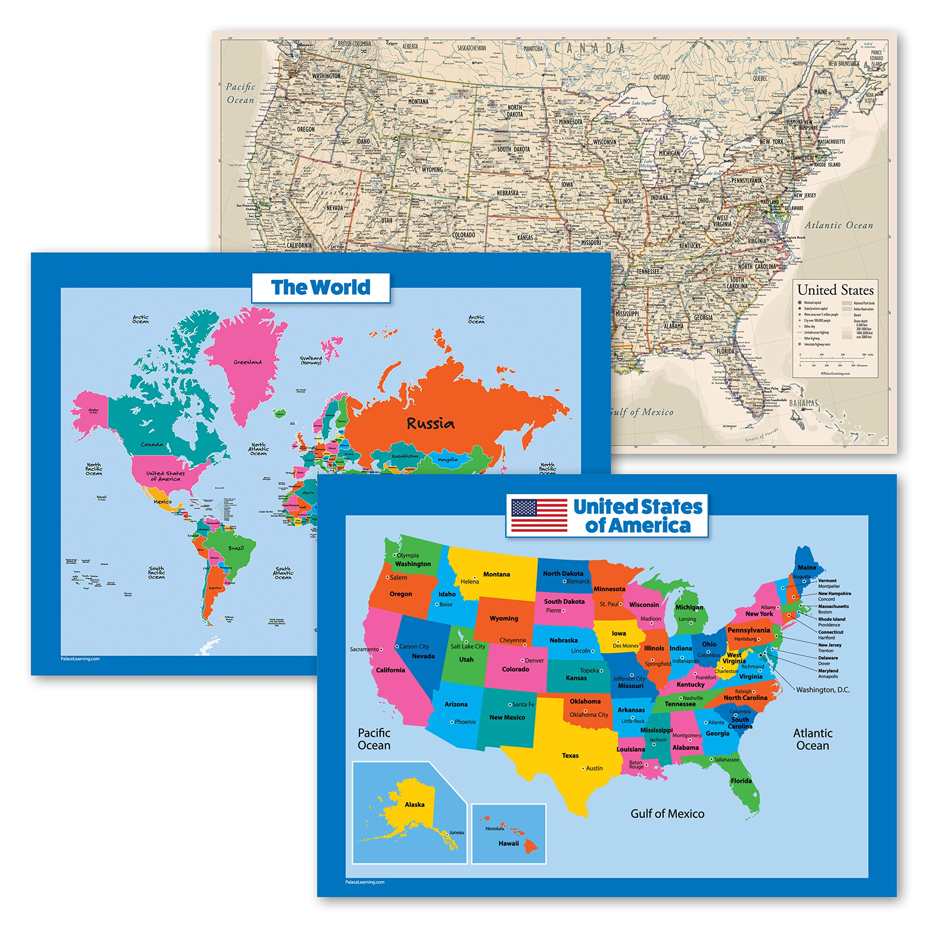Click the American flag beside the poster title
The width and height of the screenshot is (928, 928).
pyautogui.click(x=539, y=515)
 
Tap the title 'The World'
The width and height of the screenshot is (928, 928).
pyautogui.click(x=321, y=287)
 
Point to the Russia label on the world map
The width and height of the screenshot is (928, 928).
pyautogui.click(x=430, y=423)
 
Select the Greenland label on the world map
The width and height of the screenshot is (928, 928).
pyautogui.click(x=248, y=362)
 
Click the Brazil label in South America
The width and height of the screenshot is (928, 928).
pyautogui.click(x=236, y=548)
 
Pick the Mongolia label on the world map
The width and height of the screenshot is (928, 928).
pyautogui.click(x=448, y=460)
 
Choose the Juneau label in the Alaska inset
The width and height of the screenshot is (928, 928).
pyautogui.click(x=457, y=832)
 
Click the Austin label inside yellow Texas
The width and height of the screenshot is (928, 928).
pyautogui.click(x=594, y=768)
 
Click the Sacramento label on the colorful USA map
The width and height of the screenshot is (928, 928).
pyautogui.click(x=364, y=649)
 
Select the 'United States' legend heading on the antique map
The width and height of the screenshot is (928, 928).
pyautogui.click(x=835, y=290)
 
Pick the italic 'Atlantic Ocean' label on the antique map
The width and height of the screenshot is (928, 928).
pyautogui.click(x=839, y=225)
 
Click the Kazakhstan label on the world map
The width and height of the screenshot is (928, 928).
pyautogui.click(x=405, y=456)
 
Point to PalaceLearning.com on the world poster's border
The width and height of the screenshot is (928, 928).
pyautogui.click(x=80, y=659)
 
